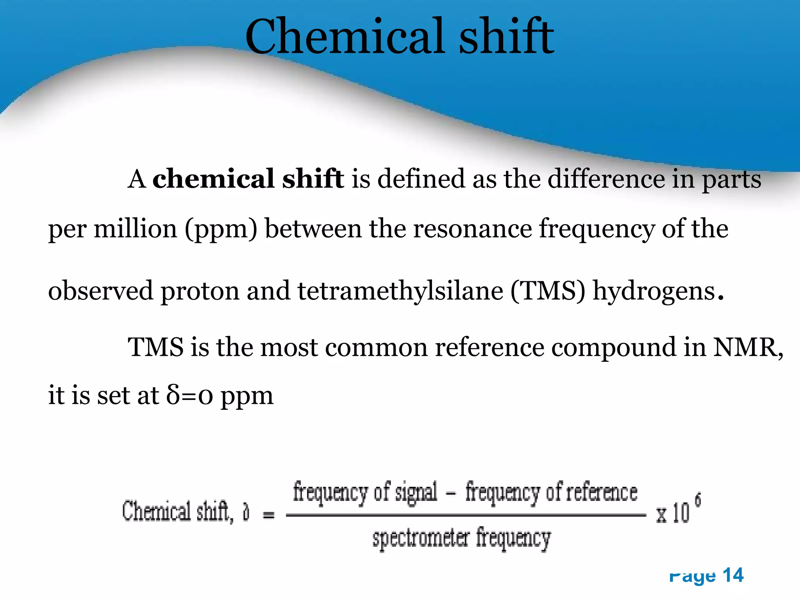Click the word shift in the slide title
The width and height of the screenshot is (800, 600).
[506, 37]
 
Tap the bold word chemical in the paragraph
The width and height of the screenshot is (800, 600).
[213, 179]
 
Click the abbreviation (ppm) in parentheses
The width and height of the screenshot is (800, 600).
[221, 229]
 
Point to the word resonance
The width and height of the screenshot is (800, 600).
[472, 229]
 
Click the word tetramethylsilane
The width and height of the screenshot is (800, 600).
[400, 291]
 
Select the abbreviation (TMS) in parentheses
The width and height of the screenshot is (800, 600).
[548, 291]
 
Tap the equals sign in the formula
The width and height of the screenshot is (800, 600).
[268, 516]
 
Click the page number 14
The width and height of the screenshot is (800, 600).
[733, 575]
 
